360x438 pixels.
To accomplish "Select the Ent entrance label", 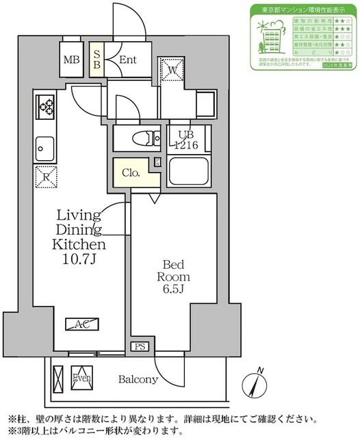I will (127, 60).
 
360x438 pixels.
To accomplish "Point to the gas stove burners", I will (47, 107).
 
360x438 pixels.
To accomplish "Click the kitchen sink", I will (45, 146).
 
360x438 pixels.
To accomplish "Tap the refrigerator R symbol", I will (45, 177).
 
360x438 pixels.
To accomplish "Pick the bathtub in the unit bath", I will (188, 170).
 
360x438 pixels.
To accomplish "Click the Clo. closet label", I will (131, 173).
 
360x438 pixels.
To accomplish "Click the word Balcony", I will (138, 379).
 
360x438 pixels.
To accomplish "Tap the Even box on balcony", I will (81, 378).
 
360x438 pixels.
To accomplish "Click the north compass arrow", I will (258, 381).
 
